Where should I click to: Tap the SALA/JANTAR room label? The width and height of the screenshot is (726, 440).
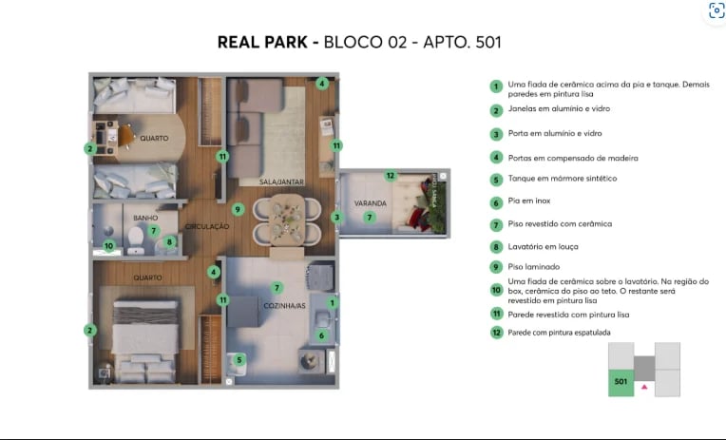click(x=281, y=181)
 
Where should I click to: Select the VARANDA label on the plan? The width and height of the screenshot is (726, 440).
click(x=370, y=203)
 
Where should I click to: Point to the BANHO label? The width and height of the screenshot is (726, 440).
click(x=145, y=218)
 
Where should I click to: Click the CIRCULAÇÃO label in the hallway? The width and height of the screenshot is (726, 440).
click(x=207, y=226)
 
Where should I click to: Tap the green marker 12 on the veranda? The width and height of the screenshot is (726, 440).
click(x=390, y=175)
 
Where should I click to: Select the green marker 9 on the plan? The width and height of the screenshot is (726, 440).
click(x=238, y=209)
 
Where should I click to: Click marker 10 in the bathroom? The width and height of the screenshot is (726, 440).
click(x=109, y=245)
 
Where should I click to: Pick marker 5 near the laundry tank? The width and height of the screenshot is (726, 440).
click(x=239, y=359)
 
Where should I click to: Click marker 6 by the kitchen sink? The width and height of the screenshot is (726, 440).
click(x=321, y=335)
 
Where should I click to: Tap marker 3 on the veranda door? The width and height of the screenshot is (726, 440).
click(x=335, y=217)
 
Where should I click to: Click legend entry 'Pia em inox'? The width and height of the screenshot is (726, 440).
click(x=535, y=201)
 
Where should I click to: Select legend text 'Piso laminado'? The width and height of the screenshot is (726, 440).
click(x=539, y=267)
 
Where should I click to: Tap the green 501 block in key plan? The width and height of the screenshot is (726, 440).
click(x=621, y=382)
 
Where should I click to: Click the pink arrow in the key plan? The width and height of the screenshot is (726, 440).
click(x=644, y=387)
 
